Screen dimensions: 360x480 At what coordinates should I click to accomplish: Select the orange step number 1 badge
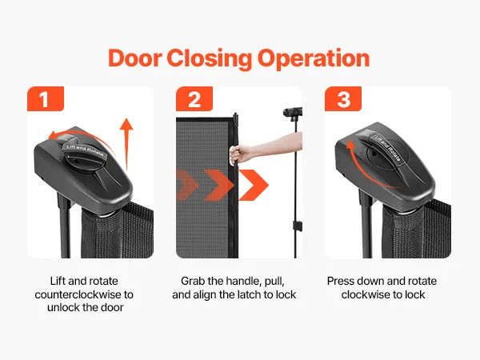click(x=43, y=101)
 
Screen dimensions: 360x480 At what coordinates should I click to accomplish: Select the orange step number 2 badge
click(x=193, y=101)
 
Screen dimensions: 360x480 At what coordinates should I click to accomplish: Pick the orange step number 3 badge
click(x=341, y=101)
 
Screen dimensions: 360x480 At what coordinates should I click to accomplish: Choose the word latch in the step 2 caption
click(x=253, y=294)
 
